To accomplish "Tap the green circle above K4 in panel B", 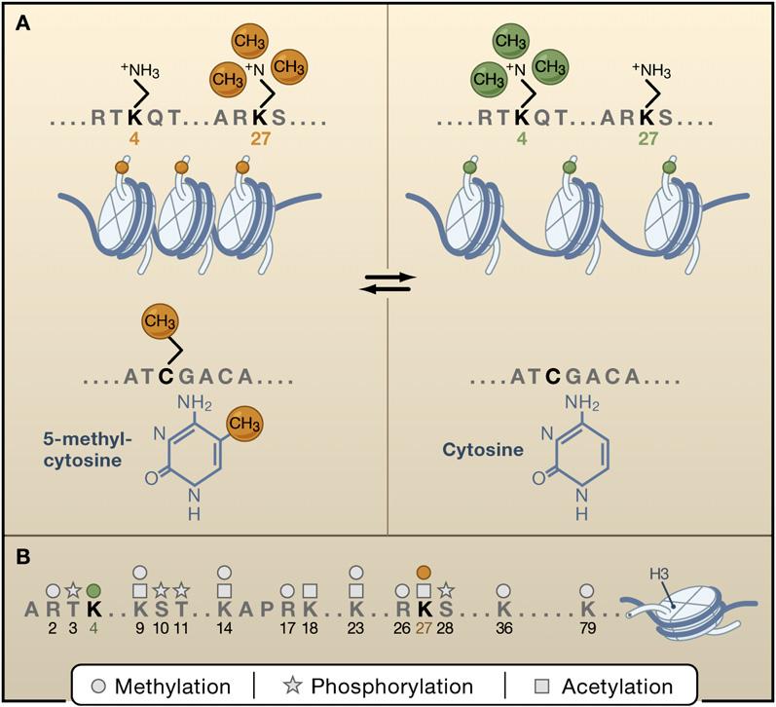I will coord(93,590).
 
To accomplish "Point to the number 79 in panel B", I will coord(587,629).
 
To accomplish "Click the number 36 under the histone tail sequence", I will coord(502,629).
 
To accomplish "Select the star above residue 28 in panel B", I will coord(445,590).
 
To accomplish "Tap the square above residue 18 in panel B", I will coord(310,590).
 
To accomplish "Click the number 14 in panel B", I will coord(225,629).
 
